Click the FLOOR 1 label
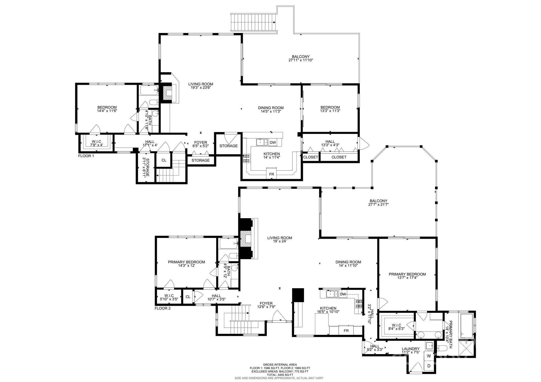point(86,156)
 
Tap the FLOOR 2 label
point(163,308)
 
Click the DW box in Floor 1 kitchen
point(273,143)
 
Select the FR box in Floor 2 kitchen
point(346,331)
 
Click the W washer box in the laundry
point(429,356)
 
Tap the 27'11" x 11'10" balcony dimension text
point(301,60)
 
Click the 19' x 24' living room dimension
point(280,241)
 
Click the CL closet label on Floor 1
point(164,160)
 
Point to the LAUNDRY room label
point(411,349)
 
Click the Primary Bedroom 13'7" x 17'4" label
point(407,276)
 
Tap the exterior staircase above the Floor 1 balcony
point(253,22)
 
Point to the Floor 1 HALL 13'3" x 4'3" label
point(330,143)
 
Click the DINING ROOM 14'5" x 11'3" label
point(270,110)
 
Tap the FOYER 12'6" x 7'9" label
point(266,305)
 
